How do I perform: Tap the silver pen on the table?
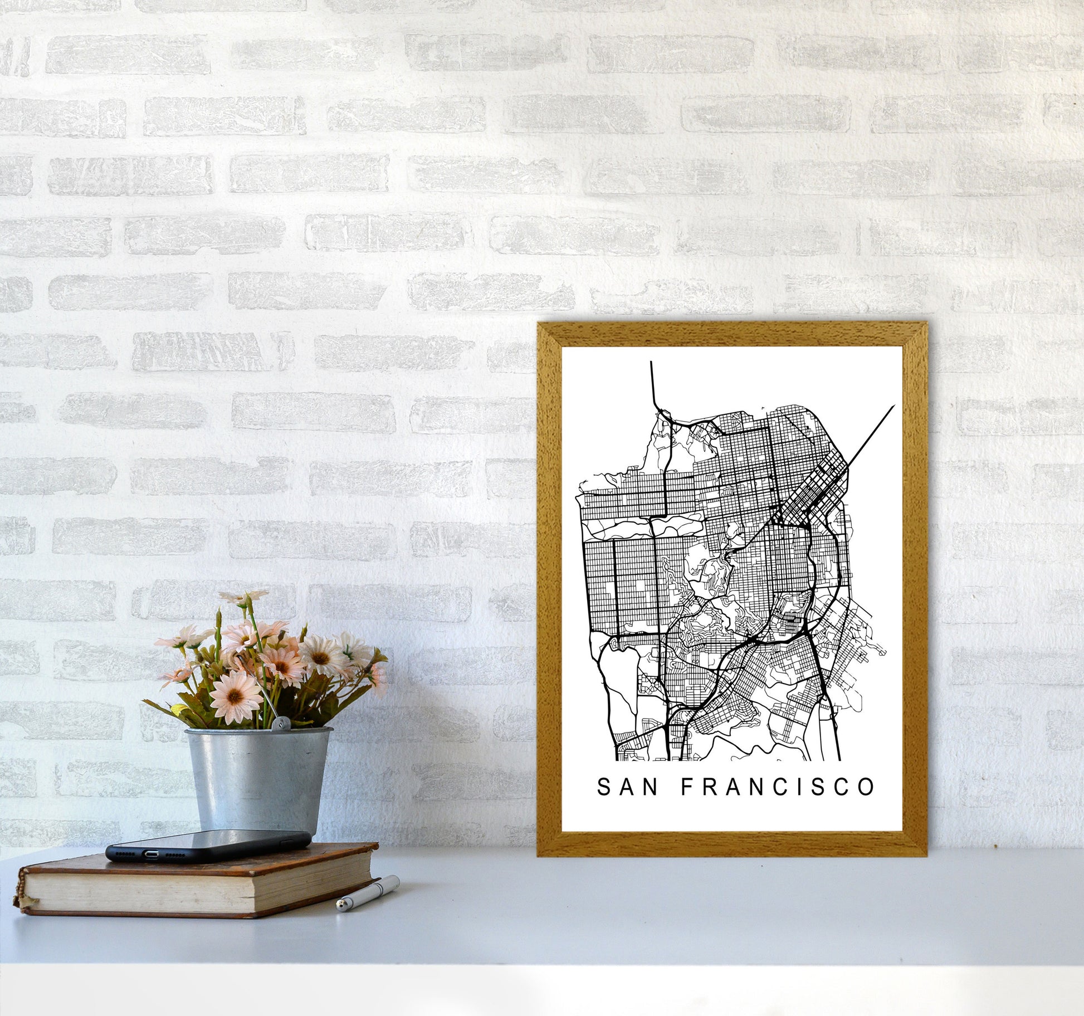(368, 893)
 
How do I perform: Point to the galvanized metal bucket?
(258, 780)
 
